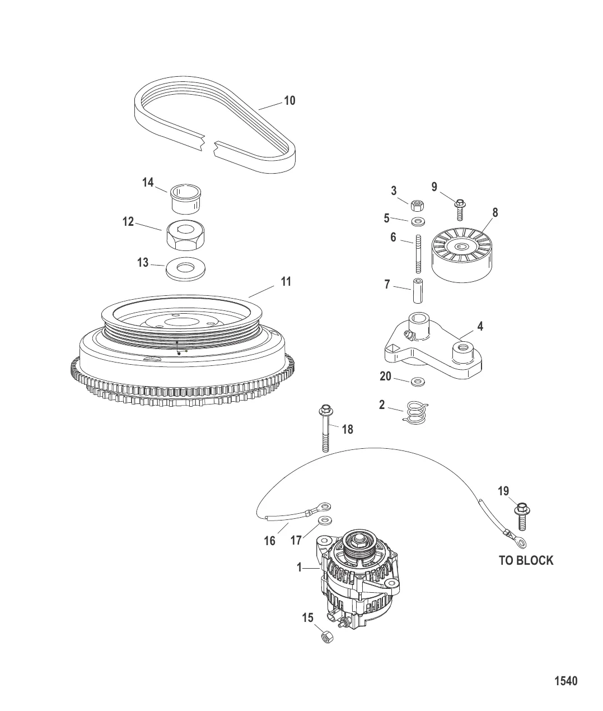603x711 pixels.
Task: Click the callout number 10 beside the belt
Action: tap(289, 101)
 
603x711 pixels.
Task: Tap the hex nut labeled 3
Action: tap(417, 206)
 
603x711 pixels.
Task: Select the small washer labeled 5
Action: tap(418, 221)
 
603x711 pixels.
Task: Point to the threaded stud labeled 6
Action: tap(418, 253)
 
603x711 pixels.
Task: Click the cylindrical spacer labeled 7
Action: tap(418, 291)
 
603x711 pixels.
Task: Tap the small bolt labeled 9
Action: tap(460, 210)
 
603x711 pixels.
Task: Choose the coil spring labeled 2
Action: tap(415, 412)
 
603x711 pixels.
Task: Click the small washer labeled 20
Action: tap(418, 381)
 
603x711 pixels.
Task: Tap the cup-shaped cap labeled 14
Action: tap(186, 199)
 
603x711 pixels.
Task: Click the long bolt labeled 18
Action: tap(325, 428)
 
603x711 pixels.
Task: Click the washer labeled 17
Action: tap(325, 521)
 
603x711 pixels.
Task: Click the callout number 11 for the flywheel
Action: tap(286, 281)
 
